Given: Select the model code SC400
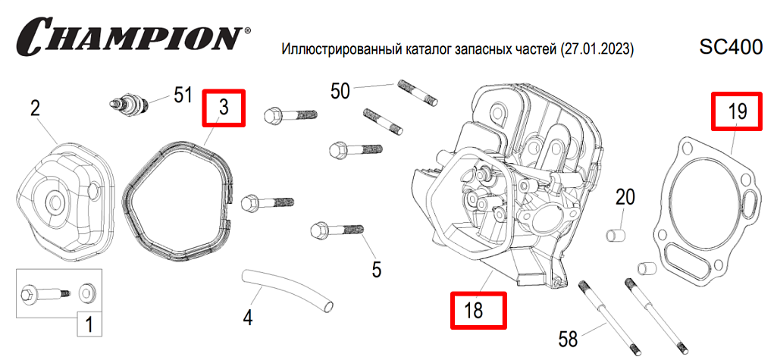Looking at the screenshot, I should pos(731,48).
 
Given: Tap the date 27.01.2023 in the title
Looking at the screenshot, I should pos(596,50).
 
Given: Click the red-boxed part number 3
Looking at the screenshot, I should pos(224,108).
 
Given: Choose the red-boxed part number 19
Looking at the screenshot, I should pos(738,112).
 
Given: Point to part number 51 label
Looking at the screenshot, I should pos(183,95).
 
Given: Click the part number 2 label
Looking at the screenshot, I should pos(35,108).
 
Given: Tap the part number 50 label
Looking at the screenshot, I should pos(340,91).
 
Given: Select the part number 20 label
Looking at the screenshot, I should pos(625,198).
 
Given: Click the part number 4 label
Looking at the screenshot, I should pos(247,316).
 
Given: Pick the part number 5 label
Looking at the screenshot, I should pos(377,268).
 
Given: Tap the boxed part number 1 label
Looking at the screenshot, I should pos(89,326).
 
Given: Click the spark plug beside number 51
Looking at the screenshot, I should pos(129,103).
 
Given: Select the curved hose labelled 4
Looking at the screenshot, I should pos(288,289).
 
